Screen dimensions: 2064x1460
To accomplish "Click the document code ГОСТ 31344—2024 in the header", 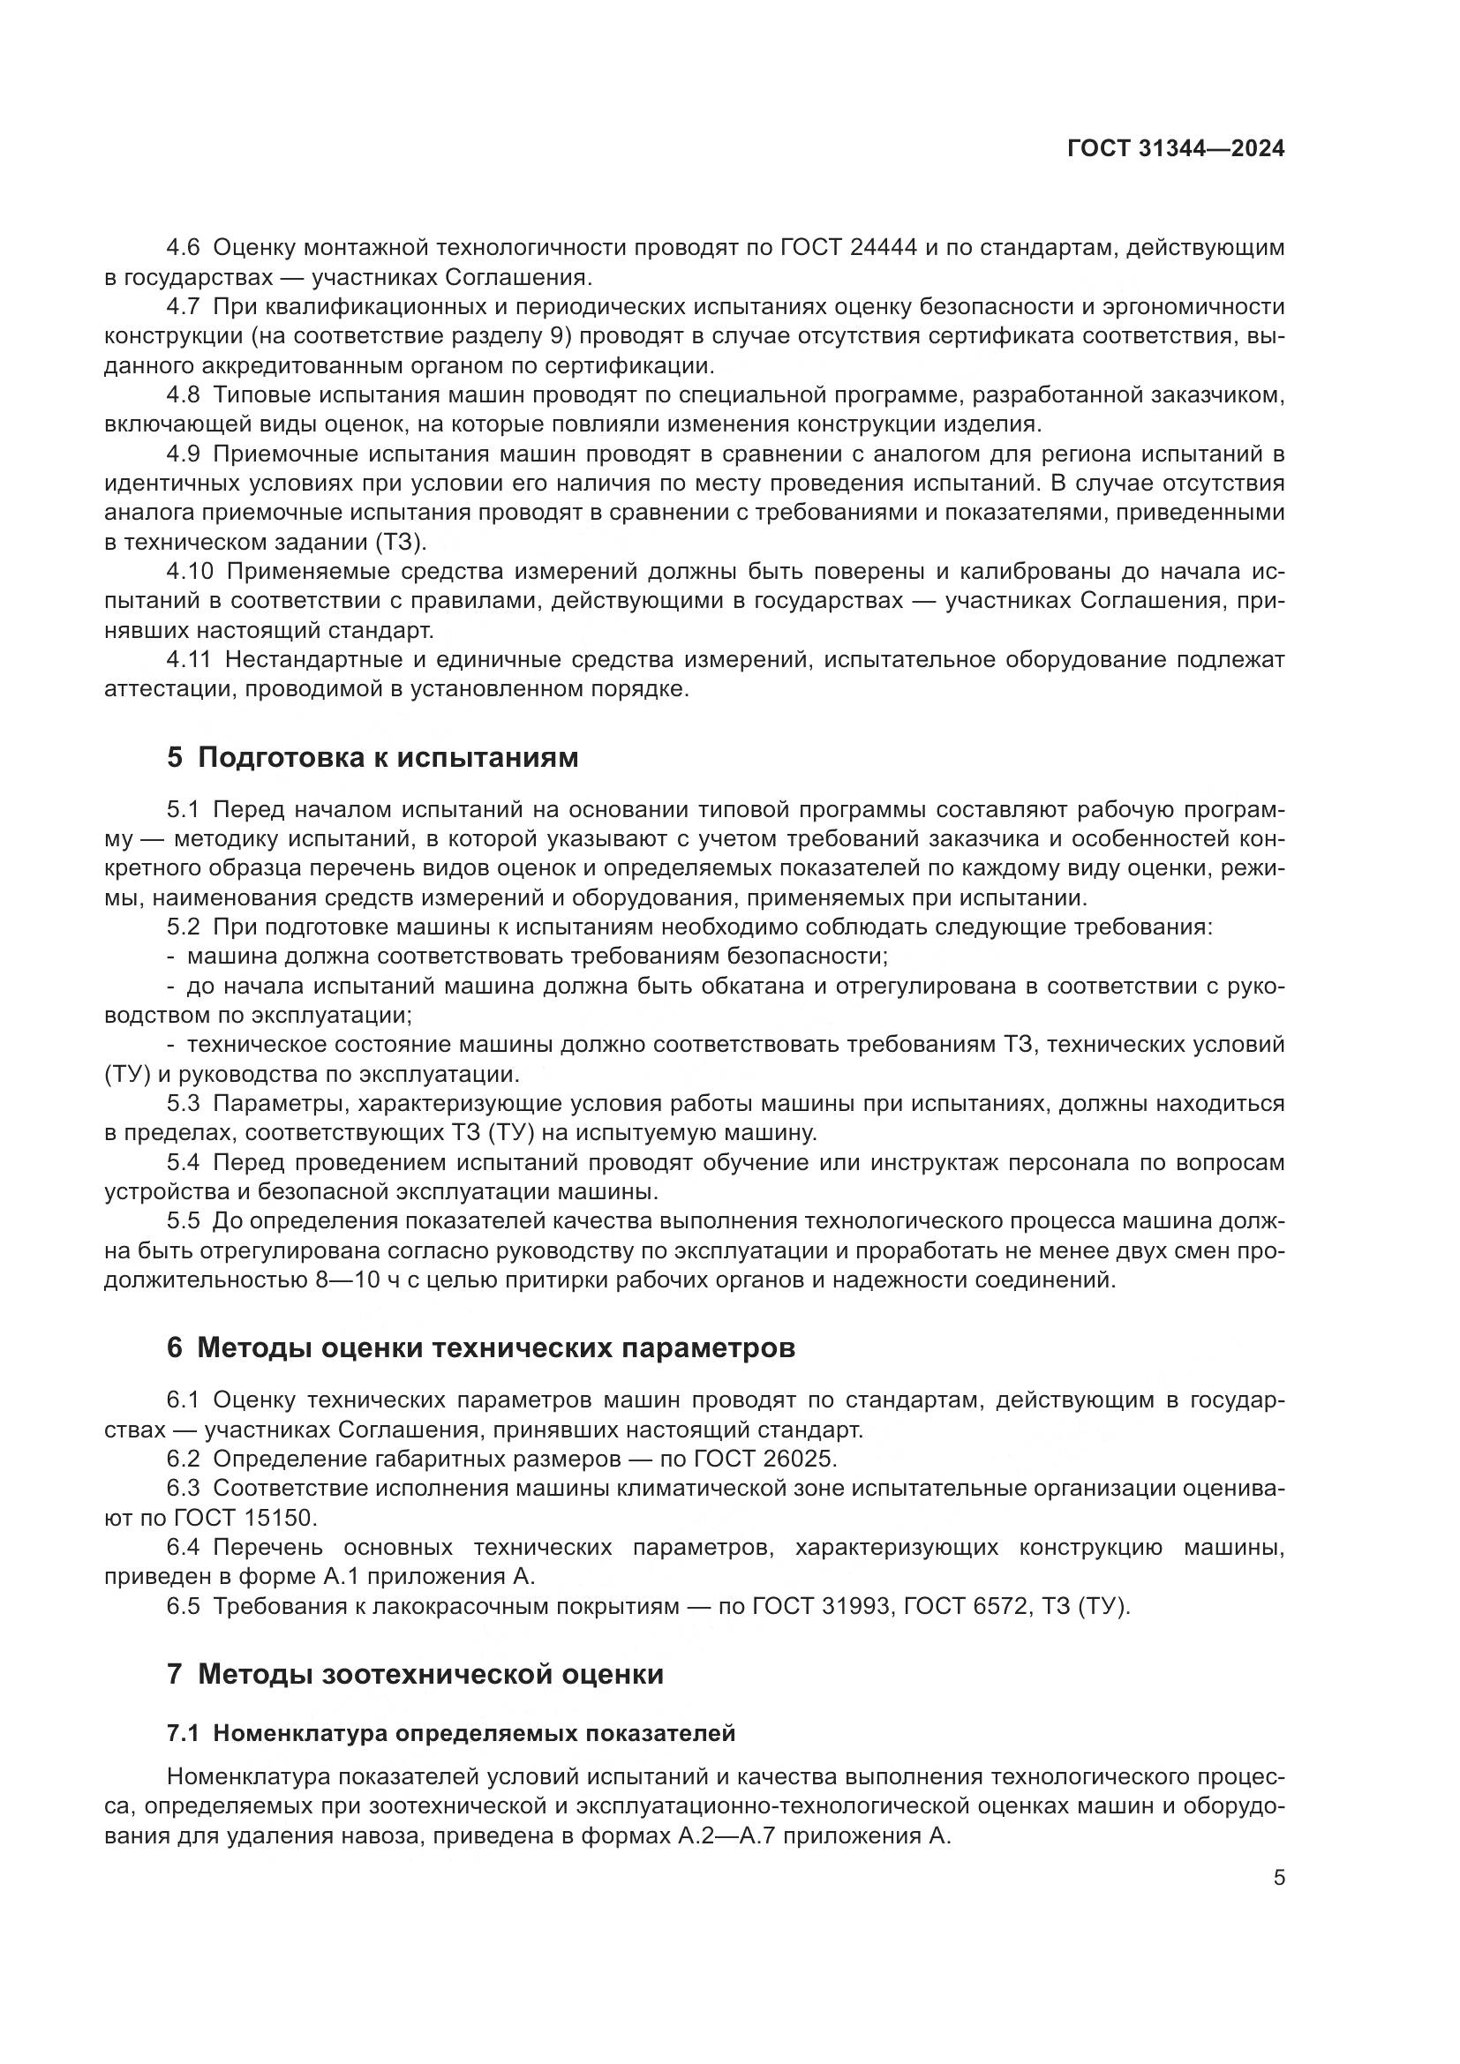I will point(1175,148).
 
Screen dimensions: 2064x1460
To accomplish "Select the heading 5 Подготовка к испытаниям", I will point(373,758).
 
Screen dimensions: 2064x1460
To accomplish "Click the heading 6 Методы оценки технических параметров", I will point(481,1348).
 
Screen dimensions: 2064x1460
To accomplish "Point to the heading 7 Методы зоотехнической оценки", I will point(416,1675).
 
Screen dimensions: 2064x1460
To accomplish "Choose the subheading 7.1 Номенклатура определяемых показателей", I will point(451,1733).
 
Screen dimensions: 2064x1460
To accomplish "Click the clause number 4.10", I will point(190,572).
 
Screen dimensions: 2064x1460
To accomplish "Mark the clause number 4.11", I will point(189,660).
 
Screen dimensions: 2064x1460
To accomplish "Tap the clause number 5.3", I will point(184,1103).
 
